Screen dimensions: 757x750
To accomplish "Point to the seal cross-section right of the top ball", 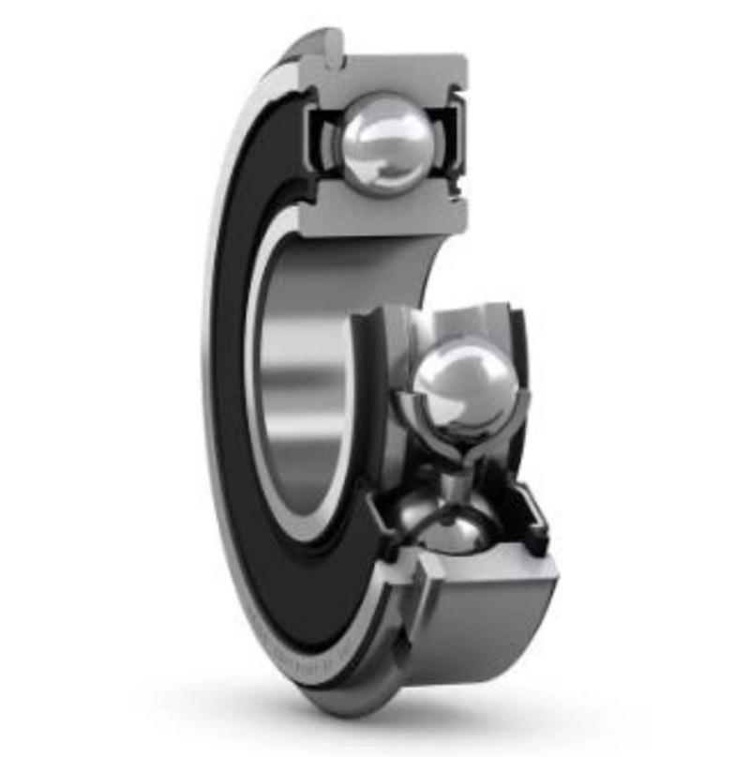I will [x=450, y=141].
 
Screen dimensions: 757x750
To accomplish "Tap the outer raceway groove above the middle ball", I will [x=459, y=324].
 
